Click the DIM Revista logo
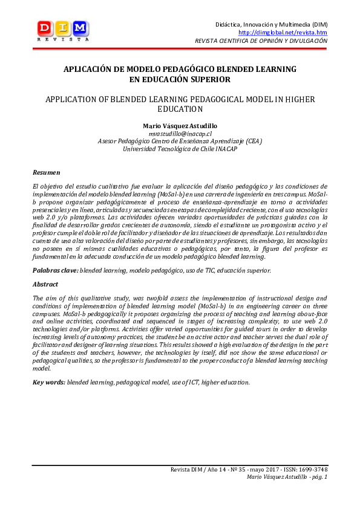[x=63, y=30]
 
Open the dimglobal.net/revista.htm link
[x=283, y=32]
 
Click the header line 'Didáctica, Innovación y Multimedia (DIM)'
[x=272, y=24]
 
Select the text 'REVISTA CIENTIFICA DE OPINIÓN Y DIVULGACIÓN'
[x=261, y=41]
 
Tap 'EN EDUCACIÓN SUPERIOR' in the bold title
[x=180, y=79]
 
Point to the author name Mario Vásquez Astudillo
[x=180, y=125]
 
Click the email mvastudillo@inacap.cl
[x=180, y=133]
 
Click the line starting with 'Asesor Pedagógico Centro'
[x=180, y=140]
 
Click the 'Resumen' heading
[x=46, y=173]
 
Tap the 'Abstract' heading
[x=45, y=284]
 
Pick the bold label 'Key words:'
[x=49, y=382]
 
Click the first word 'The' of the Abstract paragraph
[x=38, y=298]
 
